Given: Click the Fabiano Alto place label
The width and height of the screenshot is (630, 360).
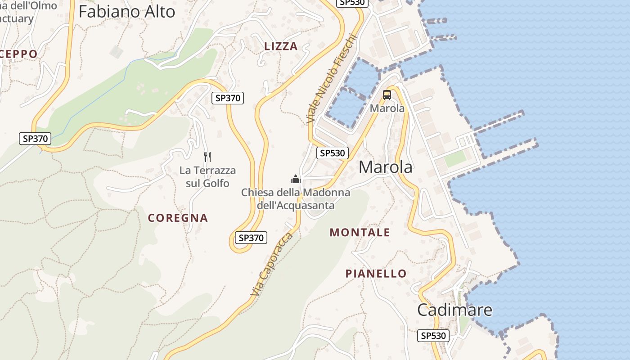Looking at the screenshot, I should pos(126,12).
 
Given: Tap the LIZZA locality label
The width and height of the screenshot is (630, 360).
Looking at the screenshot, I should pos(281,46).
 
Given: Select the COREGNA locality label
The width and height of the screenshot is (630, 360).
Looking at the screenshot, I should pos(178,218).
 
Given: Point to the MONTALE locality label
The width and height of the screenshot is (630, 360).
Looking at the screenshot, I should pos(360,232).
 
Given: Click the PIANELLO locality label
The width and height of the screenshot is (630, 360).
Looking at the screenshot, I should pos(376,273).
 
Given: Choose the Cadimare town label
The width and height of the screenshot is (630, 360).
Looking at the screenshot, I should pos(454,310).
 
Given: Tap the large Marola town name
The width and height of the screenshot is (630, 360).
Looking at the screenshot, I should pos(385,167).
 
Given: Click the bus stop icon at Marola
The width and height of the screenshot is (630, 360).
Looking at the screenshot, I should pos(387,95).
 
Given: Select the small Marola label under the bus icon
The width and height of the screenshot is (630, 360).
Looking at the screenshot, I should pos(387,108).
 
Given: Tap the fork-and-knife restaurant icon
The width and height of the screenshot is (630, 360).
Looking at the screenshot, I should pos(207,157).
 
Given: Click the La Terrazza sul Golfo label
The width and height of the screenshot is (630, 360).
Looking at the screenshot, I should pos(207,177).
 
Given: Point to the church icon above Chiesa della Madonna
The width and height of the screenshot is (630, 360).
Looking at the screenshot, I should pos(295,179).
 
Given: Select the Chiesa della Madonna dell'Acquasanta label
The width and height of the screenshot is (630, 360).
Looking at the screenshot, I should pos(295,199).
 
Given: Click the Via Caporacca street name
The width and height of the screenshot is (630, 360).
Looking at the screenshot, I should pos(271,264).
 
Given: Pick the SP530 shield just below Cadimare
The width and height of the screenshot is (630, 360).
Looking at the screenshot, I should pos(433,335).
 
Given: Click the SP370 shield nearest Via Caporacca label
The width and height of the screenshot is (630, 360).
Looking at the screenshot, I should pos(251,238).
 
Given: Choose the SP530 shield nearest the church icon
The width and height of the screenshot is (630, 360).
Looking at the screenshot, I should pos(332,153).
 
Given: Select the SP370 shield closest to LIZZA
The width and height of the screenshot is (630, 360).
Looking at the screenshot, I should pos(228,98).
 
